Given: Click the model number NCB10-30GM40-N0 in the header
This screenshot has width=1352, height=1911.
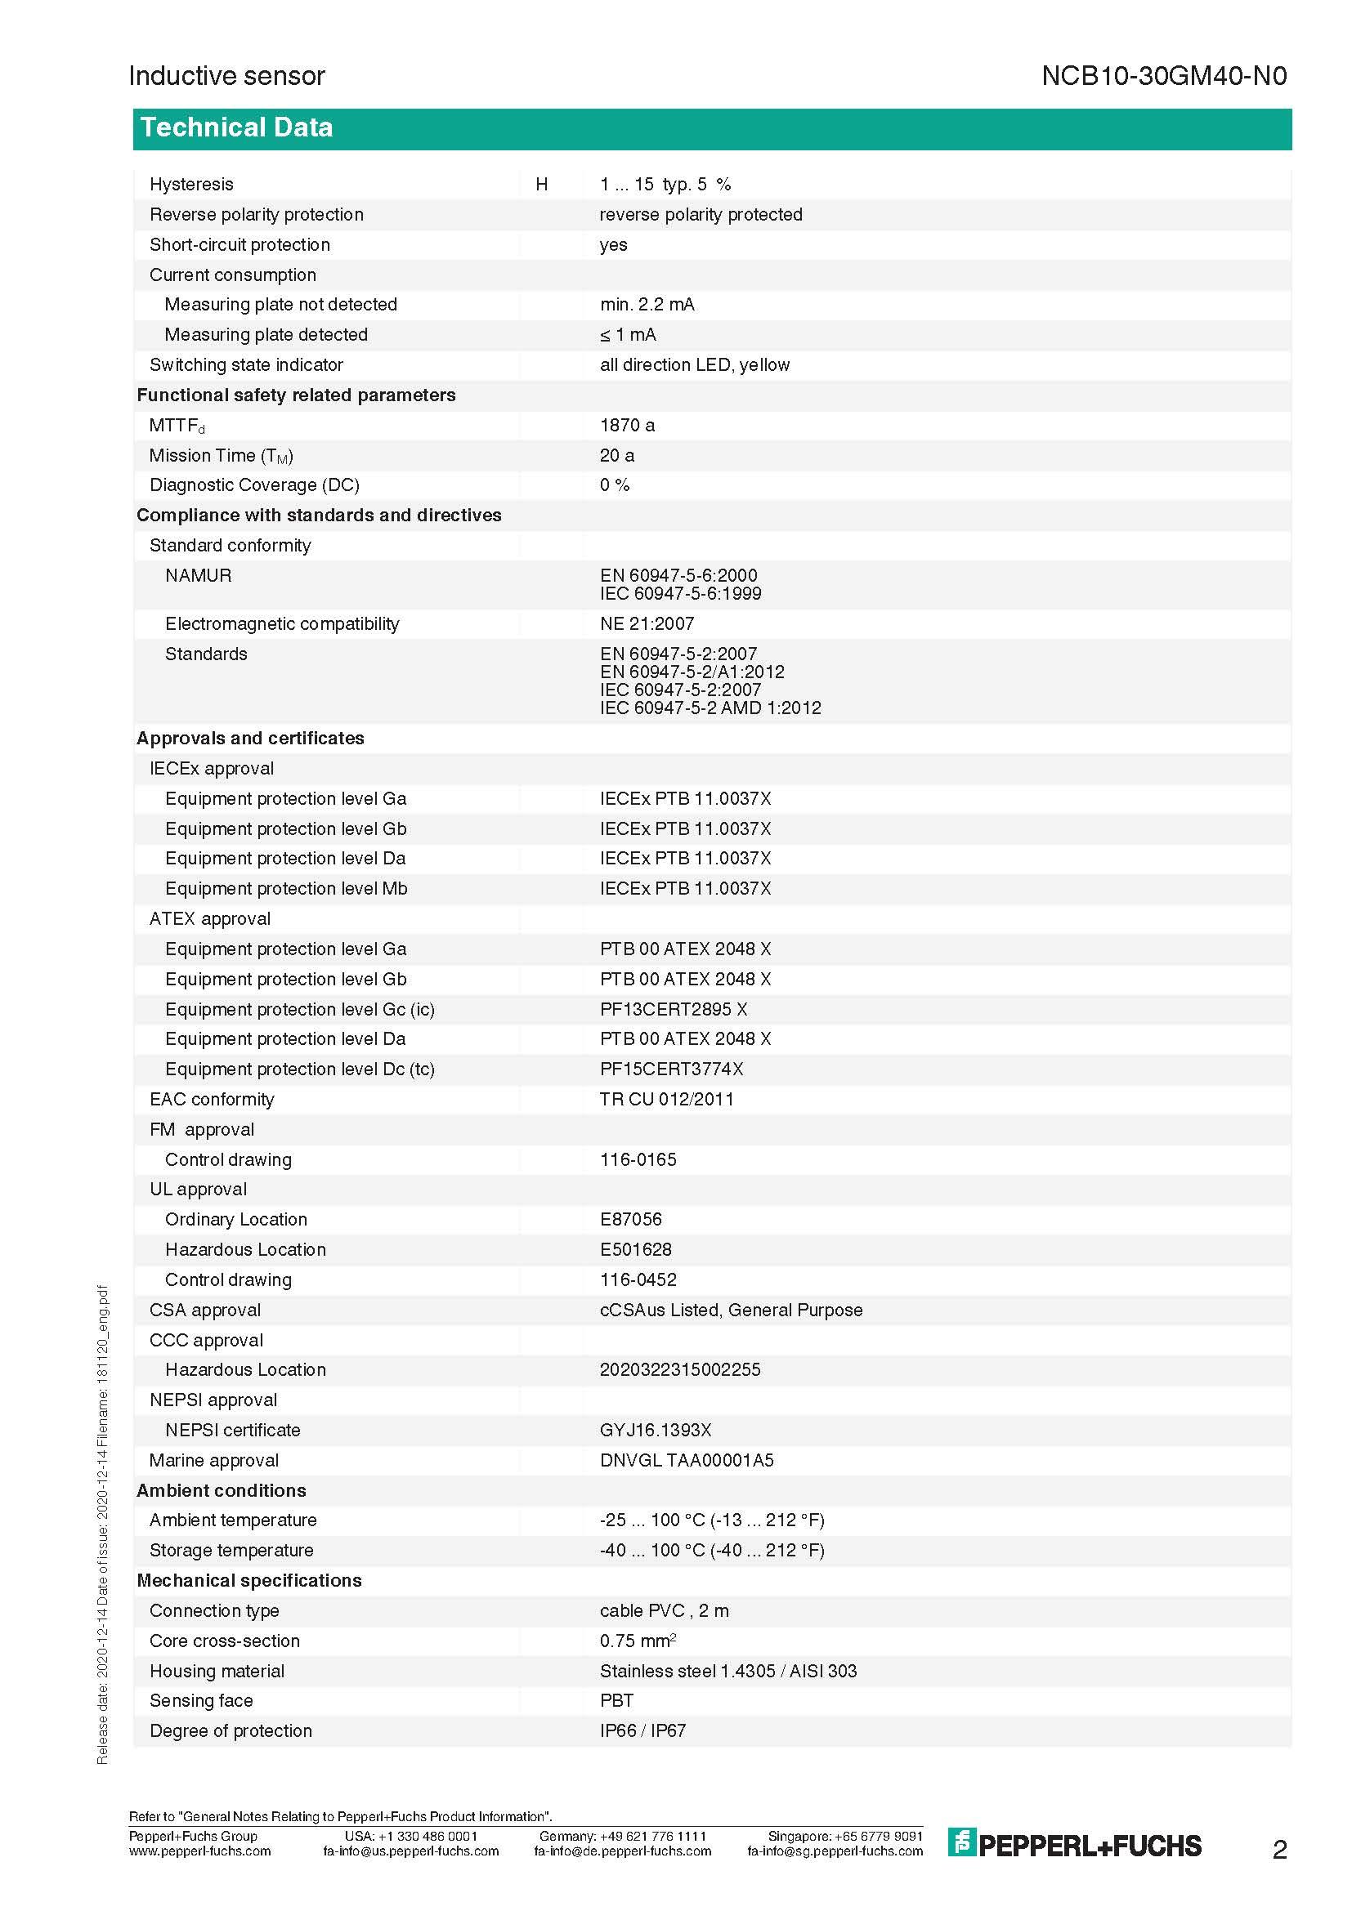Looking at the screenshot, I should (x=1163, y=76).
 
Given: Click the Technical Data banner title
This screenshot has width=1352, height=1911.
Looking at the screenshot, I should (x=236, y=127).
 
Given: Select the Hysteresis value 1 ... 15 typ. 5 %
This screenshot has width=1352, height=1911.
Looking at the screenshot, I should (x=665, y=184).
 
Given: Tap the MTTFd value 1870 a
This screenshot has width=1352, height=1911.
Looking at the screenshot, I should (x=627, y=426).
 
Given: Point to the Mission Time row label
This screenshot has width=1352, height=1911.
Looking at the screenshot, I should (x=221, y=455).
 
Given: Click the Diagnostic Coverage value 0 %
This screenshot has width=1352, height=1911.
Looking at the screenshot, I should (x=615, y=485).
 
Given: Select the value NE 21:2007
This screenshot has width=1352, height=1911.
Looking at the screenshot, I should (x=647, y=623).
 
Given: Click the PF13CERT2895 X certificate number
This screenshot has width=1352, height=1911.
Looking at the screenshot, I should (x=673, y=1009).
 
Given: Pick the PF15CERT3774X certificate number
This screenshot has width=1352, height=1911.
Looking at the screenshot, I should (x=671, y=1069).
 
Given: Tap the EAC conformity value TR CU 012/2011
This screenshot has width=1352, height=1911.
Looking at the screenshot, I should (x=667, y=1099).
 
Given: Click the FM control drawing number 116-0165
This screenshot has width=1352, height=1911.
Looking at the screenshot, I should (x=638, y=1159).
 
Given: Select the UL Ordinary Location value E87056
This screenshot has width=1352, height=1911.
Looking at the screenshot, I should (x=630, y=1219).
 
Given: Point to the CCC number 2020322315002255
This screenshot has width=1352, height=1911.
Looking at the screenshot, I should (x=679, y=1369).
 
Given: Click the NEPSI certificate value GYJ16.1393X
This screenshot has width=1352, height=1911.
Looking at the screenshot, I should (x=656, y=1430).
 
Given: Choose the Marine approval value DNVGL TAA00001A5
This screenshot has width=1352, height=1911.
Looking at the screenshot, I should (x=686, y=1460).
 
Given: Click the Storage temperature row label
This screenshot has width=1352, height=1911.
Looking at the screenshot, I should (x=231, y=1550).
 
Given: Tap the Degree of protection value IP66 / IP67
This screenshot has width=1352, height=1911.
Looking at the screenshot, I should (x=642, y=1730).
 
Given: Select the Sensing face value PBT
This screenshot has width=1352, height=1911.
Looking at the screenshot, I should (x=616, y=1700).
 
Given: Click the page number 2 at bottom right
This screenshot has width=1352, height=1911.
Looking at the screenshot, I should (x=1279, y=1850).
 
